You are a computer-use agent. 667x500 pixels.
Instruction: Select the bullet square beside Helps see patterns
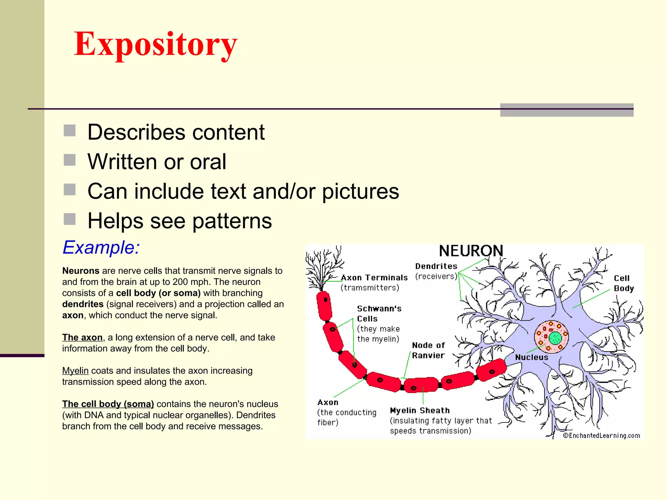69,219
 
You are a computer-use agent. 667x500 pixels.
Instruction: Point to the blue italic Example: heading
101,247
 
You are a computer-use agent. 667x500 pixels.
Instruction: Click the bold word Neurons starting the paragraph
81,271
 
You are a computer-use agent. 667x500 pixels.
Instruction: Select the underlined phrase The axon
82,338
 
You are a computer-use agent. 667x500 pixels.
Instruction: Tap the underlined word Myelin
75,371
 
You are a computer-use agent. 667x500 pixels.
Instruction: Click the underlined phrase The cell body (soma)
108,404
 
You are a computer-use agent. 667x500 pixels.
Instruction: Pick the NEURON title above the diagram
471,251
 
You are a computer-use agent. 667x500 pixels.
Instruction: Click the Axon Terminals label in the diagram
374,278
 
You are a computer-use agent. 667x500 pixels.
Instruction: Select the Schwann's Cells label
379,313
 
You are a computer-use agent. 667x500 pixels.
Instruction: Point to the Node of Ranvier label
428,350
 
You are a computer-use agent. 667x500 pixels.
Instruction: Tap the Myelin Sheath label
420,410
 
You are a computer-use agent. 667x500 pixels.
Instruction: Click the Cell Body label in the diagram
624,283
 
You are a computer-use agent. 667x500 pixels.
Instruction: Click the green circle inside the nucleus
555,338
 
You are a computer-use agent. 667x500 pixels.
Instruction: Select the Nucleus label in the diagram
532,357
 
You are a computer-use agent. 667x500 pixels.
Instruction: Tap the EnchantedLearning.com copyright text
601,436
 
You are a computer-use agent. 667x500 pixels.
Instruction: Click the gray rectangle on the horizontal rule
567,110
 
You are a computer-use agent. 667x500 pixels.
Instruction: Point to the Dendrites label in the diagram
436,266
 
